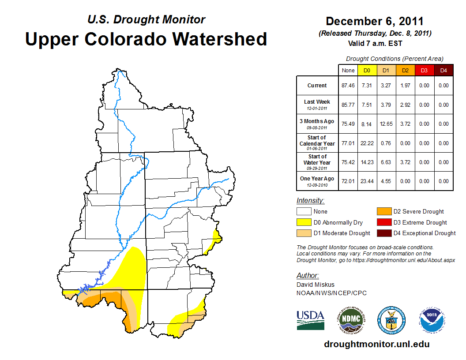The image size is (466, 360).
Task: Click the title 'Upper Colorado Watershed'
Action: (146, 39)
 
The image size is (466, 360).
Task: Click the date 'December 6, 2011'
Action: (375, 21)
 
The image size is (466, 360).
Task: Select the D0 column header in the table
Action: (367, 70)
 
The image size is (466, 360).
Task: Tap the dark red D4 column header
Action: (443, 70)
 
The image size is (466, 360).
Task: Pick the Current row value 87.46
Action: (348, 86)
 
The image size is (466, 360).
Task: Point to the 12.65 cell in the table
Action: (386, 124)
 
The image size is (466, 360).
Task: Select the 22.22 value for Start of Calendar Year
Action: (367, 143)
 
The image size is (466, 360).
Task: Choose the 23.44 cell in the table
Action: (367, 181)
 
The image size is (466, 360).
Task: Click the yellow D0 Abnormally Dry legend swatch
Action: (304, 222)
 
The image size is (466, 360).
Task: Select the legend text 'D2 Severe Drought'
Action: (418, 212)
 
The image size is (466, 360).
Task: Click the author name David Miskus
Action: (316, 285)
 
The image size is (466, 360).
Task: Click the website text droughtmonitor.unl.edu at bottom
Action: (376, 344)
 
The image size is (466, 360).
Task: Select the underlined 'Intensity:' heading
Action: (310, 200)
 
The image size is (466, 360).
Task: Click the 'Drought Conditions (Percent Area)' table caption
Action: (395, 59)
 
